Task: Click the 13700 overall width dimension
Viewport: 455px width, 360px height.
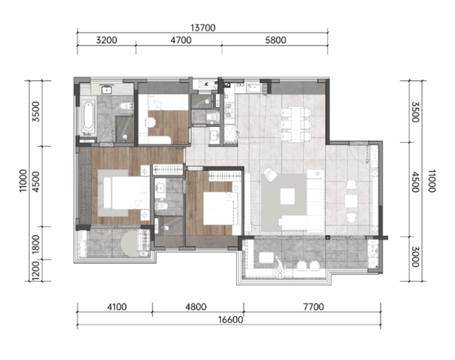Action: tap(203, 28)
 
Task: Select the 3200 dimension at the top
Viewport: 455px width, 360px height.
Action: tap(106, 40)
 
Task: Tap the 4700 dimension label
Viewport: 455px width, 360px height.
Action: tap(181, 40)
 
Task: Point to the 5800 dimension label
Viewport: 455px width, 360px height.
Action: tap(275, 40)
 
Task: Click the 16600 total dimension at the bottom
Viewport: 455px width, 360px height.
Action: tap(231, 319)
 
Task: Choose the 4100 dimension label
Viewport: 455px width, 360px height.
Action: tap(117, 307)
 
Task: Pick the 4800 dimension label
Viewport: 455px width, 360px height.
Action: tap(196, 307)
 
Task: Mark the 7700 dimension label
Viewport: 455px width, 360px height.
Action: tap(314, 307)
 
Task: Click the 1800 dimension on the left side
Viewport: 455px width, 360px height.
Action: tap(36, 245)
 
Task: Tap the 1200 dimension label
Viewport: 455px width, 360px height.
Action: tap(36, 271)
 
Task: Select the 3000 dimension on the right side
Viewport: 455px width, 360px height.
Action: tap(415, 257)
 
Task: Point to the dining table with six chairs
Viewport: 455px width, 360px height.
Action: tap(296, 124)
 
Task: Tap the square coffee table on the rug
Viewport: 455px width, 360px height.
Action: tap(287, 196)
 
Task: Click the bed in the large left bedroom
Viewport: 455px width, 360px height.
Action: tap(123, 193)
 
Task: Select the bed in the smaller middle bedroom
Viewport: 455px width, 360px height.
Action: tap(220, 208)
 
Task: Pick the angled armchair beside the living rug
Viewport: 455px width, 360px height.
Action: tap(271, 175)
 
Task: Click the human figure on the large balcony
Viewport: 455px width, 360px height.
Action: tap(280, 267)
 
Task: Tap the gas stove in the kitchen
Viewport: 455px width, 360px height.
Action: tap(229, 110)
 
